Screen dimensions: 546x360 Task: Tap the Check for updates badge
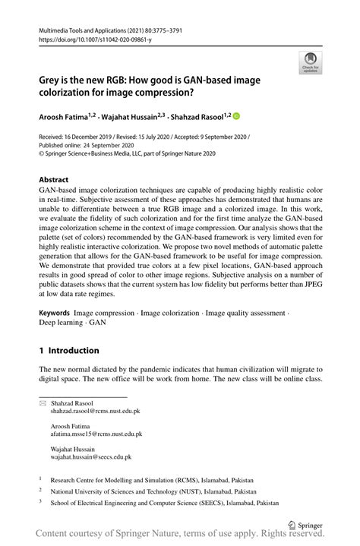coord(310,63)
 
